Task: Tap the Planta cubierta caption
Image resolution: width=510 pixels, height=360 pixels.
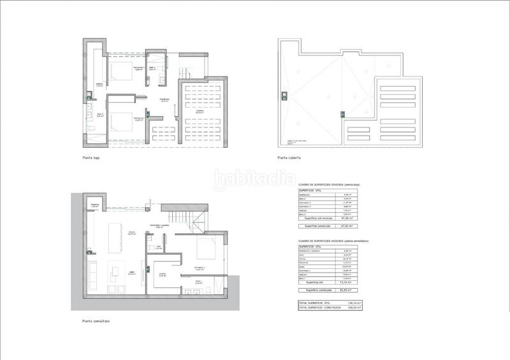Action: pyautogui.click(x=289, y=157)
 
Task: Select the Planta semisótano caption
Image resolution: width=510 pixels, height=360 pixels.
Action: pyautogui.click(x=95, y=320)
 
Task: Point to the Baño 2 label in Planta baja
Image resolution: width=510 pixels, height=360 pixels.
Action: pyautogui.click(x=153, y=68)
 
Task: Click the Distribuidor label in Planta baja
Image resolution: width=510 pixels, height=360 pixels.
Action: pyautogui.click(x=164, y=99)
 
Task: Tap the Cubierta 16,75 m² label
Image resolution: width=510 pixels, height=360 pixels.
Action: pyautogui.click(x=199, y=111)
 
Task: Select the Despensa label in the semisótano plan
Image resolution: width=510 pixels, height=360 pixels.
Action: pyautogui.click(x=94, y=205)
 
